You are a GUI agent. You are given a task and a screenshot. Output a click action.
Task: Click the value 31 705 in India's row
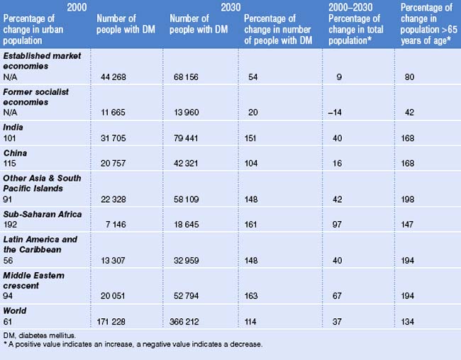[x=115, y=138]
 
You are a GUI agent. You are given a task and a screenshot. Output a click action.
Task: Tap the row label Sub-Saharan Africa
[x=42, y=214]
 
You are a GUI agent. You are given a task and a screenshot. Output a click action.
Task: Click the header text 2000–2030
[x=352, y=7]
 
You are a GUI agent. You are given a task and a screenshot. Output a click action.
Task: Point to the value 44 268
[x=115, y=77]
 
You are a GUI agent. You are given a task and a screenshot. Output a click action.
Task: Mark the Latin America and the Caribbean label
[x=40, y=244]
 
